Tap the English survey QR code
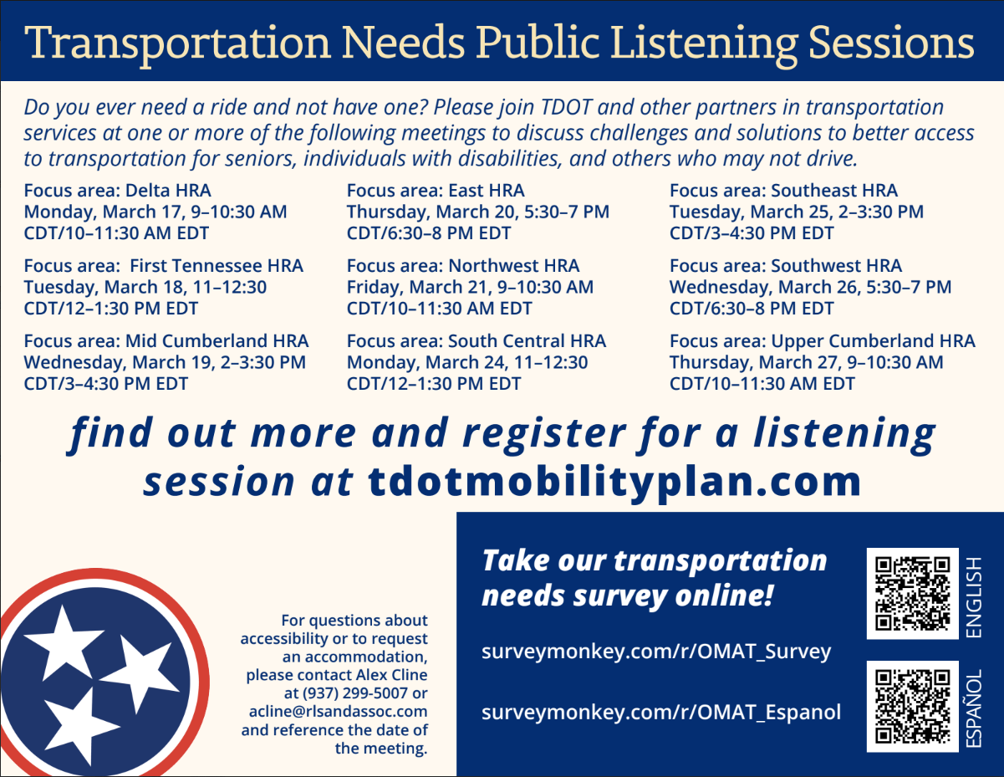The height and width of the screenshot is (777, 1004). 913,594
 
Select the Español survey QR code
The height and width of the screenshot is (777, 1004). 913,706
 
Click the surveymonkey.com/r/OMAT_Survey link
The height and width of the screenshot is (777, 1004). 656,652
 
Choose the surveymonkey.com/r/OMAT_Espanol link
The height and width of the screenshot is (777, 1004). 661,713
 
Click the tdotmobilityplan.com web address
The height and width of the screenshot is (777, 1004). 614,482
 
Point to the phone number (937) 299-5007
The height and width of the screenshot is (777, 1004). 354,693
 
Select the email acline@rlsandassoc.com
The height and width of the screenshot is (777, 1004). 339,712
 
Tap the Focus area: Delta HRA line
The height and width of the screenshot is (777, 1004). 117,191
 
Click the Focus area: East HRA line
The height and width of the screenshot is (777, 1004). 436,191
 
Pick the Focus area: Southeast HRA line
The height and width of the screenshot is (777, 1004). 783,191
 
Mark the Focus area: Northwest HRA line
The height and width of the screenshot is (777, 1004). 463,266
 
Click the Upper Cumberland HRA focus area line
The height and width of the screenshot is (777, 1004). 823,341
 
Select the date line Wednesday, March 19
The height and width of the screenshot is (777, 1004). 165,362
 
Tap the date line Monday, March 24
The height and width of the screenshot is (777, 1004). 467,362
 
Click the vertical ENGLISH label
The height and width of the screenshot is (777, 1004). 974,597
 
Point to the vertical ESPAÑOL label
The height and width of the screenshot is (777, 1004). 974,708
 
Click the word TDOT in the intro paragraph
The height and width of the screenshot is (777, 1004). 566,107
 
